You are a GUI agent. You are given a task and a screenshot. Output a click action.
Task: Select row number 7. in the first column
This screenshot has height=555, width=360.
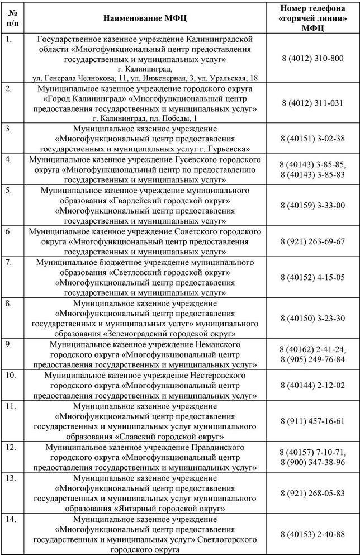point(10,262)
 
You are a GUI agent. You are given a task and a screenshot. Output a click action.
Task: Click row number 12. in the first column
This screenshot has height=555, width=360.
point(11,448)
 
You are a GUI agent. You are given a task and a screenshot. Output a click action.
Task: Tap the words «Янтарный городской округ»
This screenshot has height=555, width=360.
point(169,509)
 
